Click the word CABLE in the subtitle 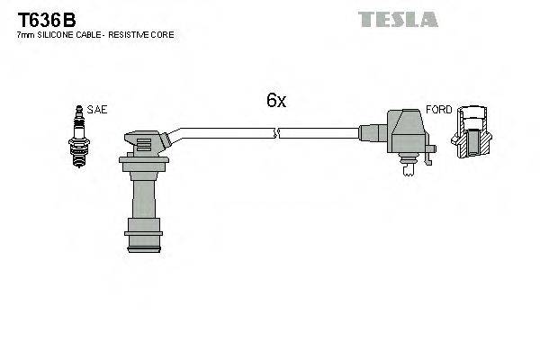point(90,34)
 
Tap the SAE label point(97,110)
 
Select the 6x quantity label point(275,102)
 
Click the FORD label point(438,110)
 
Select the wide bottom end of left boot point(144,241)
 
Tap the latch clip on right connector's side point(430,156)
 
